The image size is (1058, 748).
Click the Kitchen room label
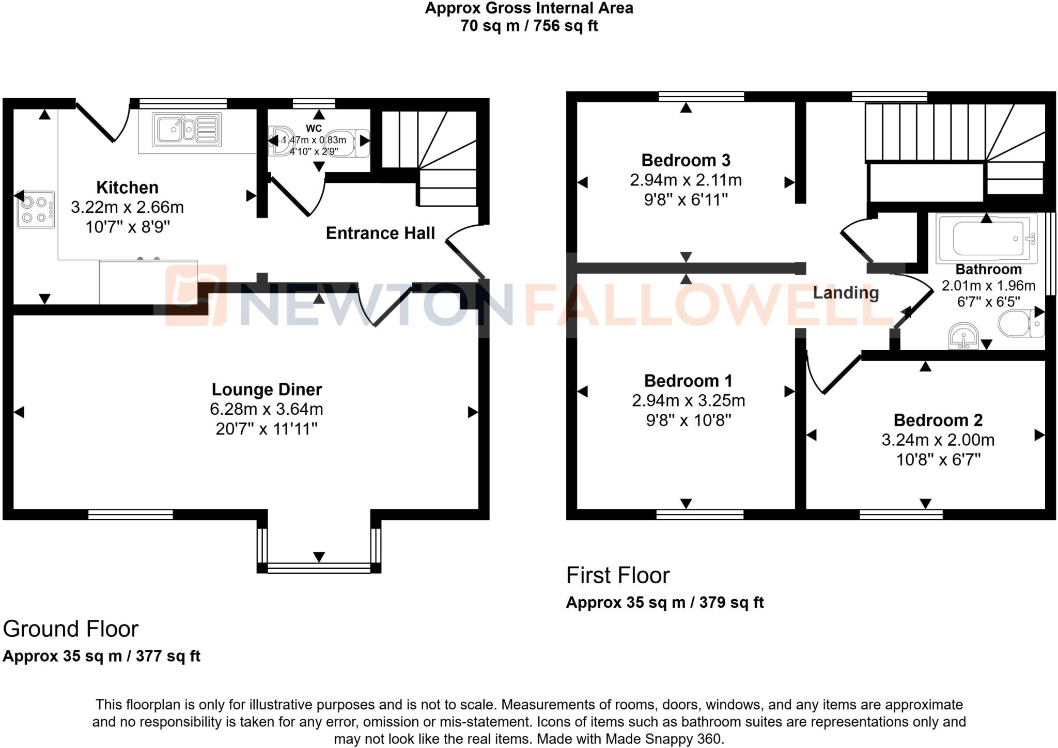click(x=127, y=188)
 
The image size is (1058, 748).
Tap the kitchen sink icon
click(x=186, y=130)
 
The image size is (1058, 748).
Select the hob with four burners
click(x=35, y=209)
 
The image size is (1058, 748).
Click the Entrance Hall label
click(x=380, y=233)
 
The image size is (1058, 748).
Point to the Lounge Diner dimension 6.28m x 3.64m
click(x=266, y=409)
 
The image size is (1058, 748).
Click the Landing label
click(x=846, y=293)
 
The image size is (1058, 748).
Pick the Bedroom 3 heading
click(x=686, y=161)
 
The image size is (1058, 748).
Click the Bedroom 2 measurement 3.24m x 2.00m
click(x=938, y=440)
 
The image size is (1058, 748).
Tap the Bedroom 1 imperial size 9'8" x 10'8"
click(x=688, y=420)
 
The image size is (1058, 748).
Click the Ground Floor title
click(x=71, y=629)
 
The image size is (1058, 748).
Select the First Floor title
click(x=618, y=575)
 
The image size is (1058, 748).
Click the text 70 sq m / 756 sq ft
click(x=529, y=26)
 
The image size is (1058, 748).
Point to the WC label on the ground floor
click(x=314, y=128)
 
